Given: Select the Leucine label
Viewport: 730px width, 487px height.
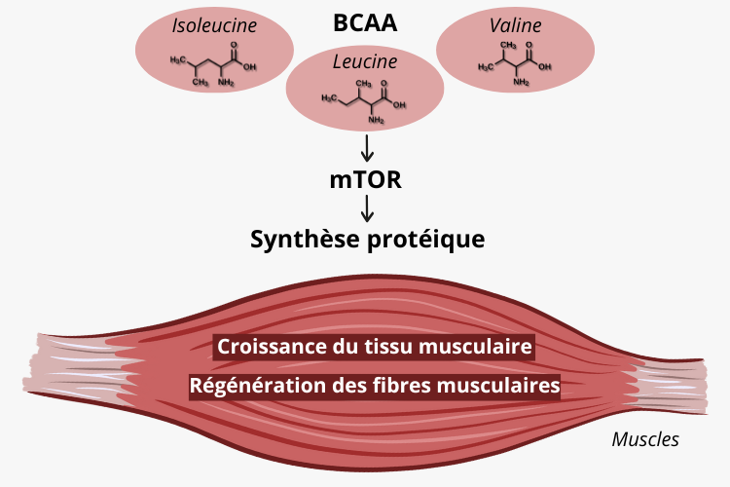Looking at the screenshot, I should (365, 61).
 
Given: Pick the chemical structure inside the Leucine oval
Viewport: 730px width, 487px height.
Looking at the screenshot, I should (365, 100).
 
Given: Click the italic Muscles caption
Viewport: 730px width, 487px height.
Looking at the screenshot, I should (644, 439).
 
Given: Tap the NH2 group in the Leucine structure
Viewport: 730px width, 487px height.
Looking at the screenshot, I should (375, 121).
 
